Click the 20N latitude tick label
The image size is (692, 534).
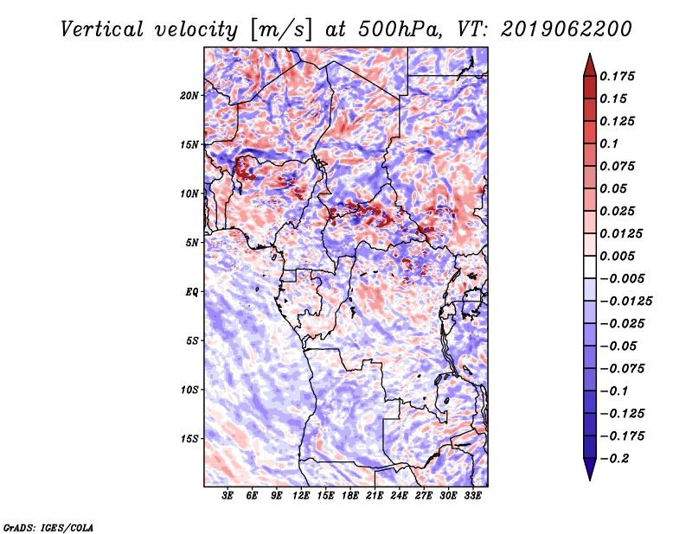coord(189,95)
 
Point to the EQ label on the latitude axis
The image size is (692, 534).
coord(192,291)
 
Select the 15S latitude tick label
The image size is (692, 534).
coord(189,438)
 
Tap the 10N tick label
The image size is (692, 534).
coord(189,193)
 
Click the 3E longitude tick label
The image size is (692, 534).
coord(228,496)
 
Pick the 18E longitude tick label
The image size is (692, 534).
coord(350,496)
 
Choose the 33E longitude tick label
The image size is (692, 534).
coord(472,496)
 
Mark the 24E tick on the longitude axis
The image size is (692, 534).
coord(399,496)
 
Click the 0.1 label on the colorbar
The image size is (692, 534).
coord(609,143)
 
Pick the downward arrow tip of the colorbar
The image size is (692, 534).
coord(588,478)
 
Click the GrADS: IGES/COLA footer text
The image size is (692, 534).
coord(48,526)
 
